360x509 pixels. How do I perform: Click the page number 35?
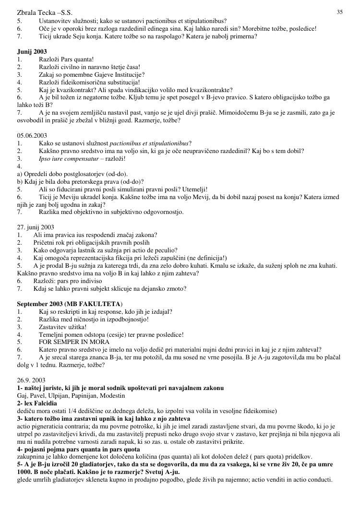(x=339, y=12)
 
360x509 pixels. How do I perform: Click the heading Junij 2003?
(x=32, y=51)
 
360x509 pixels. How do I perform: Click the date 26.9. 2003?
(x=32, y=379)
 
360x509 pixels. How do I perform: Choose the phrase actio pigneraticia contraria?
(x=57, y=426)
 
